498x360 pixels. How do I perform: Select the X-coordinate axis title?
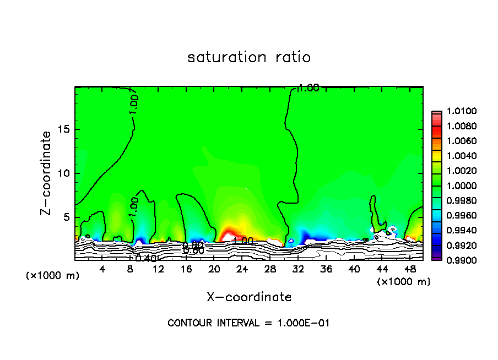(249, 297)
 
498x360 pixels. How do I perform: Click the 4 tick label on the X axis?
(102, 269)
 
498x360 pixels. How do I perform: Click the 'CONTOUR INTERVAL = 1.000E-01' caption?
(248, 323)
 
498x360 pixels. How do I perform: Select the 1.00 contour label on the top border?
(308, 88)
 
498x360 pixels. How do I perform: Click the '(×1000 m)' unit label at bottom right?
(403, 282)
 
